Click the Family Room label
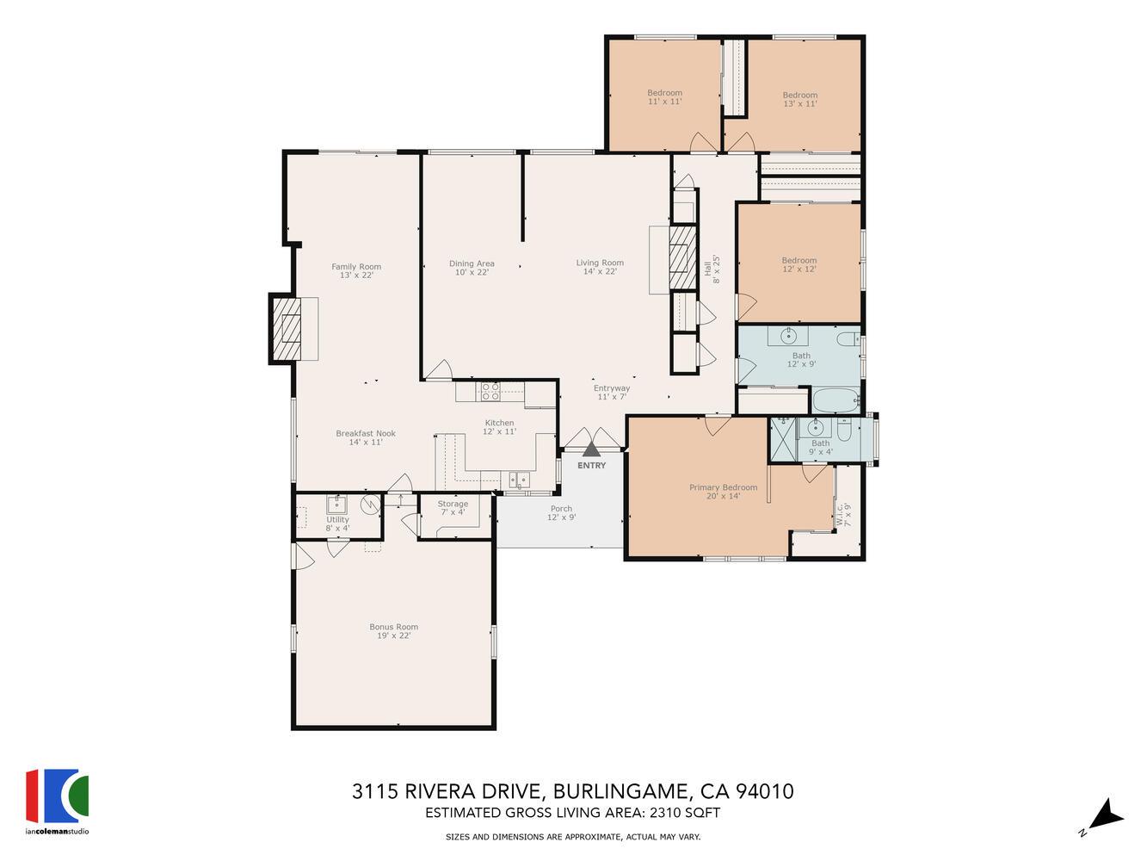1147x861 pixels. tap(356, 270)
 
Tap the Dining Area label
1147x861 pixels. tap(472, 268)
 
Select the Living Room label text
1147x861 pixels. tap(600, 267)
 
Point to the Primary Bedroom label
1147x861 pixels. tap(723, 492)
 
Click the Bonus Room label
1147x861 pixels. tap(393, 631)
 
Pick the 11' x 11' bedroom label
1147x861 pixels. tap(664, 97)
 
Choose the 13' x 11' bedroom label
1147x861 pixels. tap(799, 99)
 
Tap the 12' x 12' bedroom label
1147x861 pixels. tap(799, 264)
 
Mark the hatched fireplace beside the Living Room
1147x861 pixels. tap(681, 258)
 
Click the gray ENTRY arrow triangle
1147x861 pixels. tap(591, 449)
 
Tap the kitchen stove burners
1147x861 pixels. tap(490, 392)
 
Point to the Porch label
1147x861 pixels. tap(561, 513)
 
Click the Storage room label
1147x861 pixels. tap(453, 508)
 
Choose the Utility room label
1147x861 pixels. tap(337, 523)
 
